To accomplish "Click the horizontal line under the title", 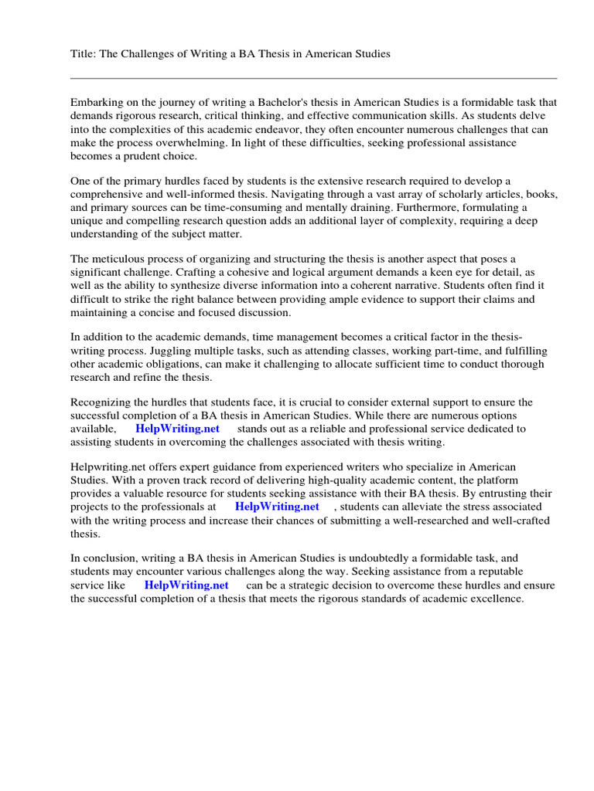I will (313, 78).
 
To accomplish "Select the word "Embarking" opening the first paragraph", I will (97, 102).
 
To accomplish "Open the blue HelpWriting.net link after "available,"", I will (177, 429).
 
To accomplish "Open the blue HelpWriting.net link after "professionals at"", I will (276, 507).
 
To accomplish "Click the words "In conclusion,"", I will (106, 558).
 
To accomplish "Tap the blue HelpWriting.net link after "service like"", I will (186, 585).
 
